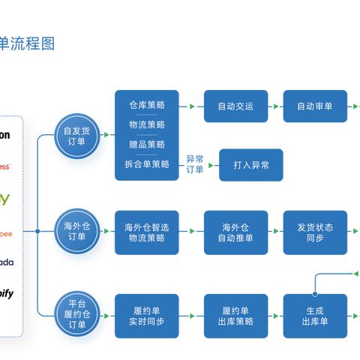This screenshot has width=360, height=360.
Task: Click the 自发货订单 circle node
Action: pyautogui.click(x=77, y=136)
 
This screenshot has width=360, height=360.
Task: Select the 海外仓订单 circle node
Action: pyautogui.click(x=77, y=232)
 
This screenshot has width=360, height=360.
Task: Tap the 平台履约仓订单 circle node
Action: pyautogui.click(x=77, y=315)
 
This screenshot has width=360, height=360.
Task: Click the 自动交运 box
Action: pyautogui.click(x=235, y=106)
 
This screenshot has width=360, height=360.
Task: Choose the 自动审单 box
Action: pyautogui.click(x=315, y=106)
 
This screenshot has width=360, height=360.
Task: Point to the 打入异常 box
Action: pyautogui.click(x=251, y=164)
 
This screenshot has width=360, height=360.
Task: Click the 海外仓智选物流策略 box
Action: pyautogui.click(x=146, y=232)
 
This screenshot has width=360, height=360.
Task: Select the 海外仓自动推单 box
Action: pyautogui.click(x=235, y=232)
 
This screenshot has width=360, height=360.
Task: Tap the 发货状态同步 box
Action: pyautogui.click(x=315, y=232)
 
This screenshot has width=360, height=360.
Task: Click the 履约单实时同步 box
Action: pyautogui.click(x=146, y=316)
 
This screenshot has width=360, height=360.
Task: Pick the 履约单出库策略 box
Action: pyautogui.click(x=235, y=316)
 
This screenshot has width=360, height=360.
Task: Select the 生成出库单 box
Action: pyautogui.click(x=315, y=316)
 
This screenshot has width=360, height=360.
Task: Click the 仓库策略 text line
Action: pyautogui.click(x=147, y=105)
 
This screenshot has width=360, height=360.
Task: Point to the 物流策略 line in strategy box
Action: pyautogui.click(x=147, y=124)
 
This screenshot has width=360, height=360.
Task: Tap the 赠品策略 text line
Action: pyautogui.click(x=147, y=144)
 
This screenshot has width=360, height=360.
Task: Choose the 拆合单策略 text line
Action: pyautogui.click(x=147, y=164)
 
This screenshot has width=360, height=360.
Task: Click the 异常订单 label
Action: pyautogui.click(x=194, y=164)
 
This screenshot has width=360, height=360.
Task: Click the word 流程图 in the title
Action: pyautogui.click(x=37, y=43)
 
